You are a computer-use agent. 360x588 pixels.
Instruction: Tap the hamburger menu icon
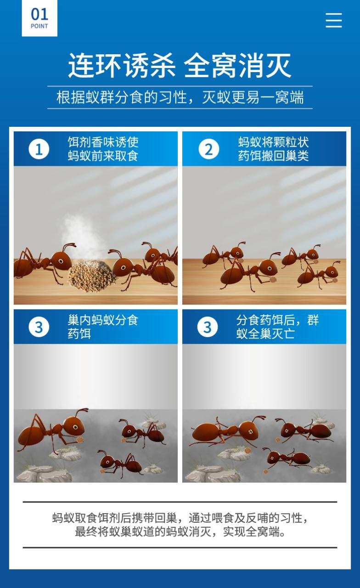(334, 20)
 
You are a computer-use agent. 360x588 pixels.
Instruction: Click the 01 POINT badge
(39, 18)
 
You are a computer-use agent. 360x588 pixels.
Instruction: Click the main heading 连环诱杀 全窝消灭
(180, 66)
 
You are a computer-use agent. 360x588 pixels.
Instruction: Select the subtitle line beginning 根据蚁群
(180, 97)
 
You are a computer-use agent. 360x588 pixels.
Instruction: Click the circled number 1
(39, 149)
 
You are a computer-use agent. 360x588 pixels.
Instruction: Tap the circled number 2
(208, 149)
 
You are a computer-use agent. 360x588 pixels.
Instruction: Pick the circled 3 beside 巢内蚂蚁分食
(39, 327)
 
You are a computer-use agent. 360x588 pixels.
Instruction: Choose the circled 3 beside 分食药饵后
(208, 327)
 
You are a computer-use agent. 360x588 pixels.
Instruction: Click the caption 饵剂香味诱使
(103, 142)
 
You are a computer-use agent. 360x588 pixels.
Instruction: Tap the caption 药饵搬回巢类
(273, 156)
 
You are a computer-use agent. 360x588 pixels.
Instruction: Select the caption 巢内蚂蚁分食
(103, 320)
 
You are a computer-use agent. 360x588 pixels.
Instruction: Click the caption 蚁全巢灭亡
(265, 334)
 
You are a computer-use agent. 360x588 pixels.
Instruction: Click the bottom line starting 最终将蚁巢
(180, 532)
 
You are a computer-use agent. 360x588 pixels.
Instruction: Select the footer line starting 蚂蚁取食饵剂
(180, 518)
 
